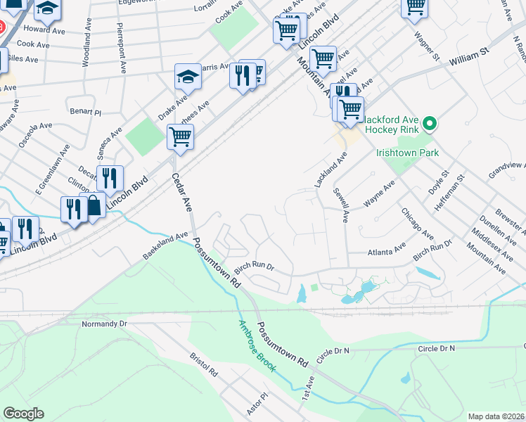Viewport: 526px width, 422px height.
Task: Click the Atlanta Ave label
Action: click(387, 250)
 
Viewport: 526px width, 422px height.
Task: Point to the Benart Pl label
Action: click(86, 112)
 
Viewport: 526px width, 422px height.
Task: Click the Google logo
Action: click(23, 414)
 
